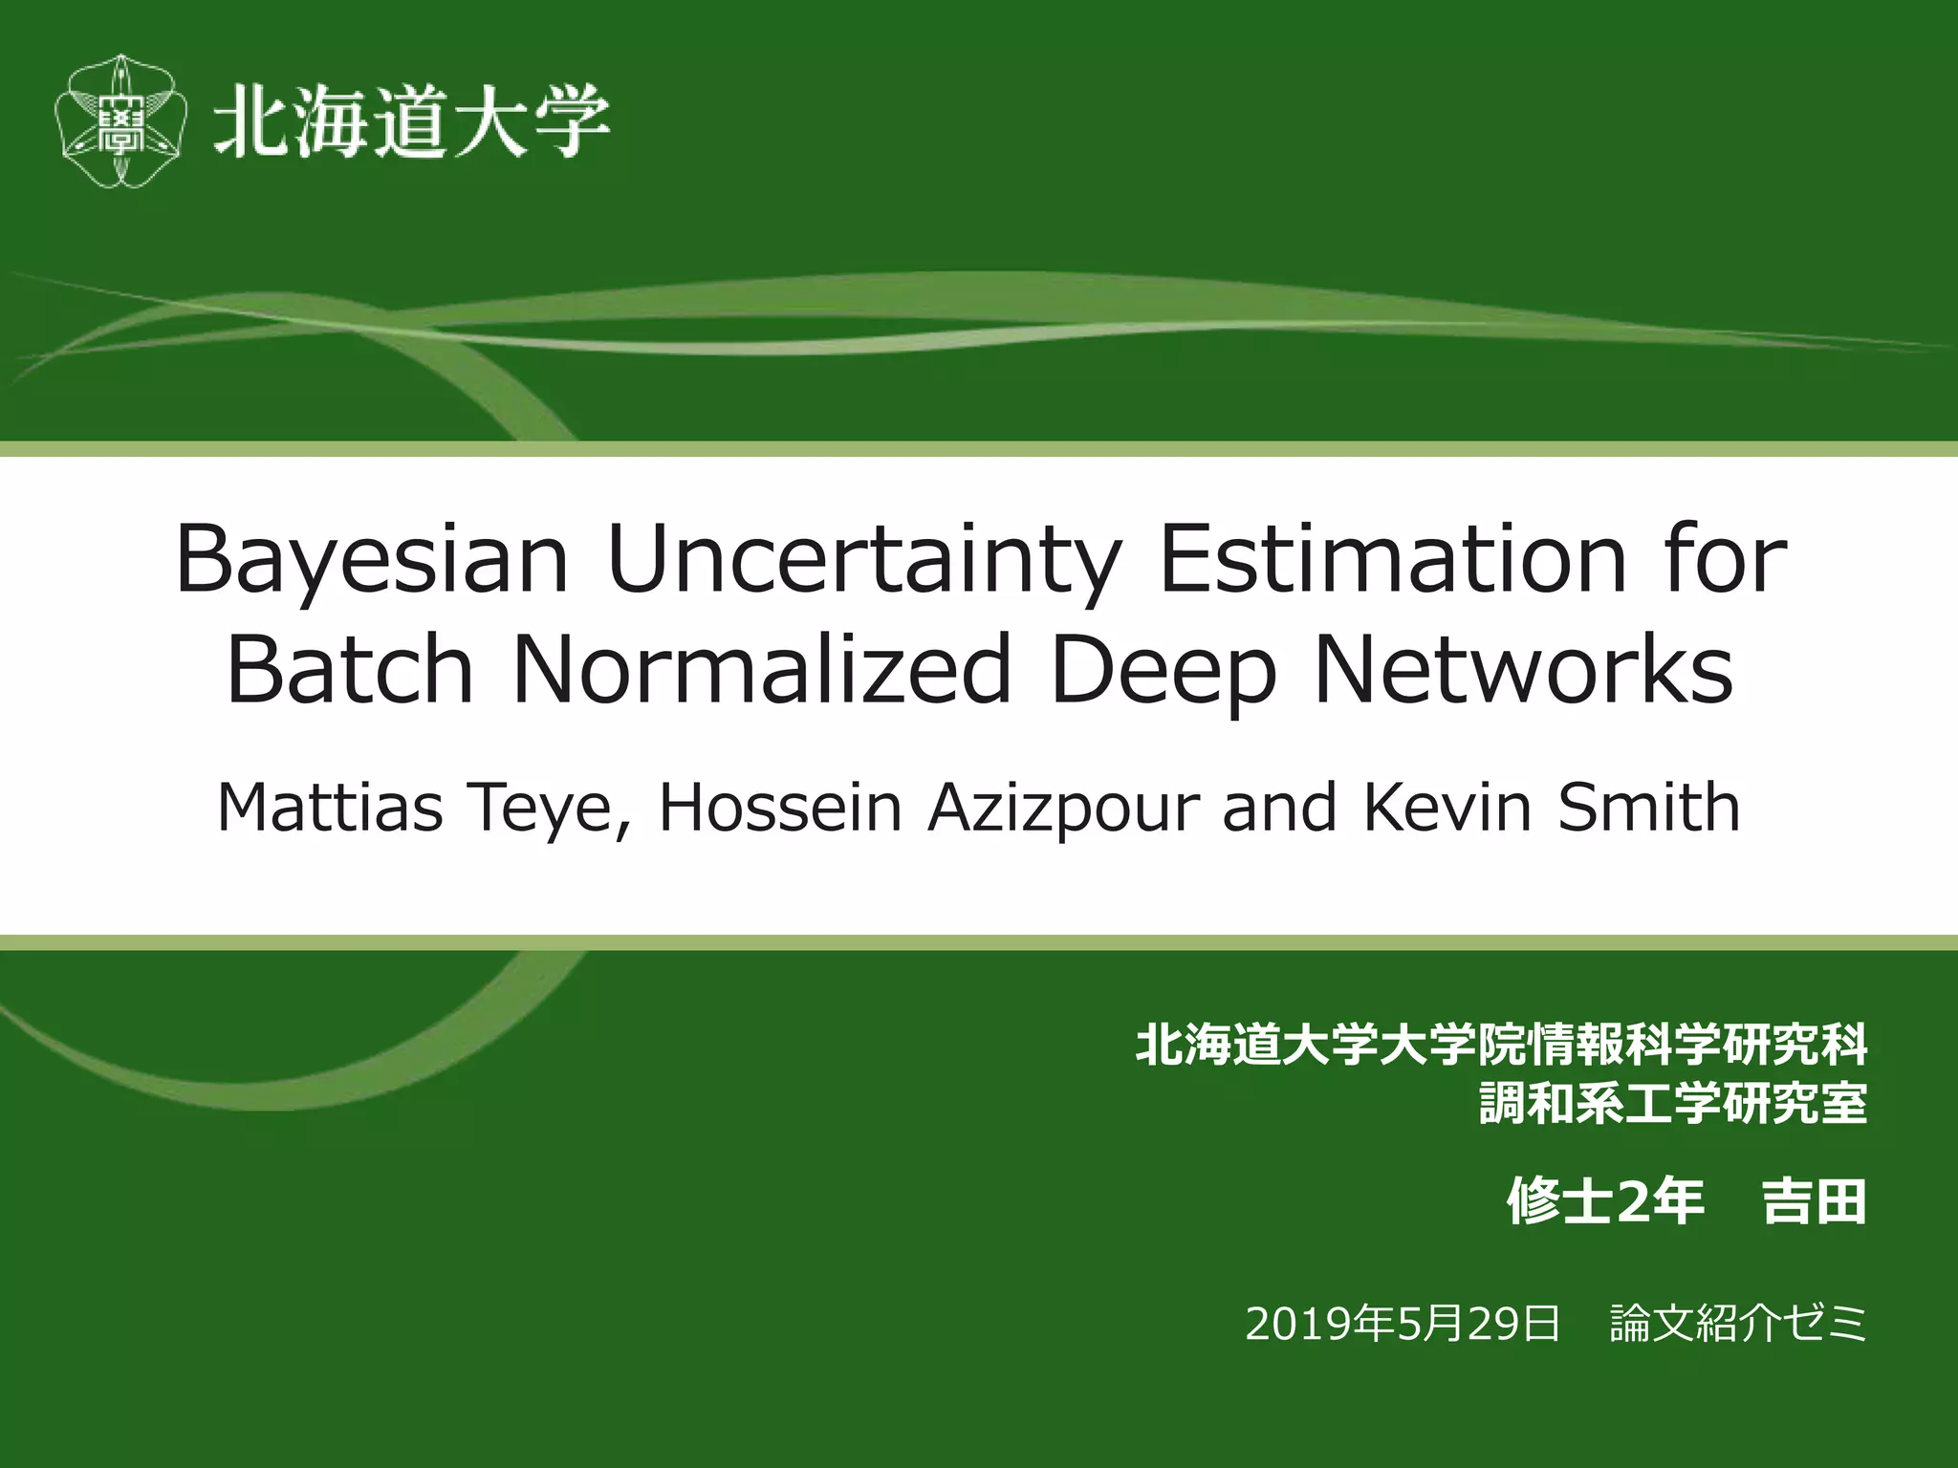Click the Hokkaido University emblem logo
[120, 121]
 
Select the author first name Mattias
[330, 808]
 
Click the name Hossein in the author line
[780, 808]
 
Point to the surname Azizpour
[1063, 808]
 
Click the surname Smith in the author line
[1648, 808]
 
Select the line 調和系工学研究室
[1673, 1104]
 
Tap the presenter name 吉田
[1814, 1201]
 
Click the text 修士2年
[1605, 1201]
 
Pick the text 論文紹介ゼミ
[1738, 1324]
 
